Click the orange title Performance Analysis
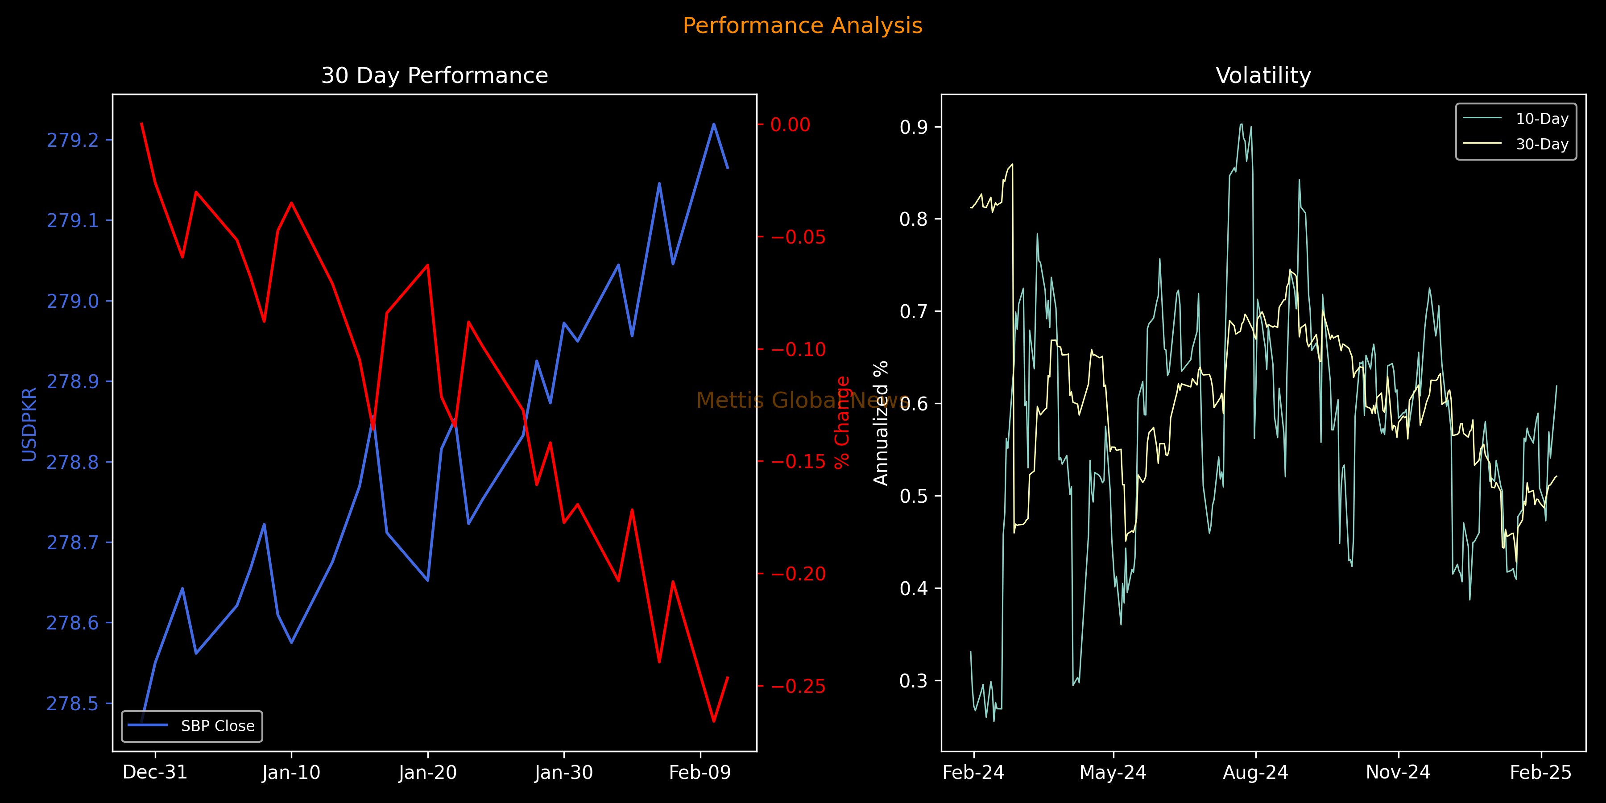(x=803, y=25)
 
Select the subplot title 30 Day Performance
(x=435, y=75)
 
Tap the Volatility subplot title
(x=1263, y=75)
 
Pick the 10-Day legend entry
(x=1542, y=119)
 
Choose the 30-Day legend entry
(x=1542, y=144)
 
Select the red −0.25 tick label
(x=798, y=687)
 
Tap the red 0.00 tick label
(x=790, y=125)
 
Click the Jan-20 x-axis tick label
(x=428, y=773)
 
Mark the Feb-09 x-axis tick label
(x=700, y=773)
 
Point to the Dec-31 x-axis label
(x=155, y=773)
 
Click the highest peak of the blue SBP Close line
(x=713, y=124)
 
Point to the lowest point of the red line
(x=713, y=721)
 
